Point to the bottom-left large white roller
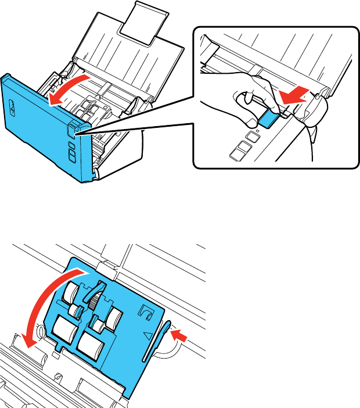[x=66, y=333]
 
